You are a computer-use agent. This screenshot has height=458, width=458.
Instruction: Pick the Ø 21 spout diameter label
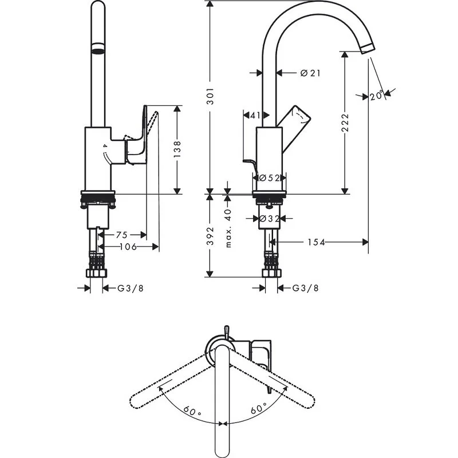click(309, 73)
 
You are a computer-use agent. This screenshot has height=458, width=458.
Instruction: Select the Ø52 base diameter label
click(269, 178)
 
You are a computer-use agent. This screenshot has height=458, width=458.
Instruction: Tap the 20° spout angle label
click(376, 96)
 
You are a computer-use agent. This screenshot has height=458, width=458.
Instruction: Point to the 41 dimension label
click(255, 115)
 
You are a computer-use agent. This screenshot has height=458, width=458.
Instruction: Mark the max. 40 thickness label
click(228, 228)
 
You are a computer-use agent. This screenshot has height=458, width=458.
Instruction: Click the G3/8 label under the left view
click(130, 288)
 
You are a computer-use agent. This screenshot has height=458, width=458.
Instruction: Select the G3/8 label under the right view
click(305, 288)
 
